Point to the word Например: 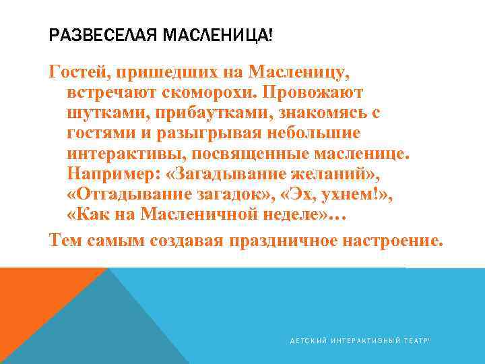(x=112, y=174)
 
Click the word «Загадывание (x=229, y=174)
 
